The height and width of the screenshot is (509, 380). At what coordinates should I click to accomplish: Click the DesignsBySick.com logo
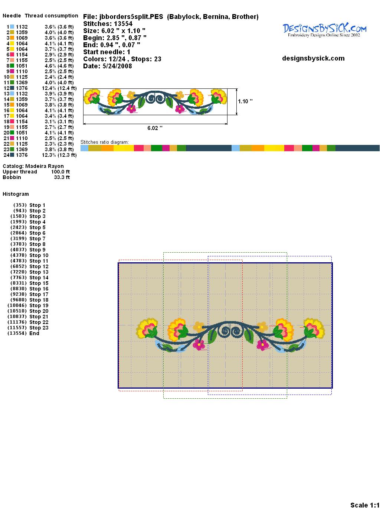(x=324, y=30)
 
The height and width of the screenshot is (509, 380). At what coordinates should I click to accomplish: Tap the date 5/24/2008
(x=117, y=66)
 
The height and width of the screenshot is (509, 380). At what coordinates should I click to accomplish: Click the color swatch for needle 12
(x=12, y=88)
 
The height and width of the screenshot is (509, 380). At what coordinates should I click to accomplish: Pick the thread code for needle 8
(x=22, y=66)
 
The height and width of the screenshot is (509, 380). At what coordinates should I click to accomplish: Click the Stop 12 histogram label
(x=39, y=266)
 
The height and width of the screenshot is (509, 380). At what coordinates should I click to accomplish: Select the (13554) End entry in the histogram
(x=23, y=333)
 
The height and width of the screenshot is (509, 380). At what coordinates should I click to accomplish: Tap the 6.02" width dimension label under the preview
(x=155, y=128)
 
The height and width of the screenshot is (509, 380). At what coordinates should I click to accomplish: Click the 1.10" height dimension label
(x=245, y=101)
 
